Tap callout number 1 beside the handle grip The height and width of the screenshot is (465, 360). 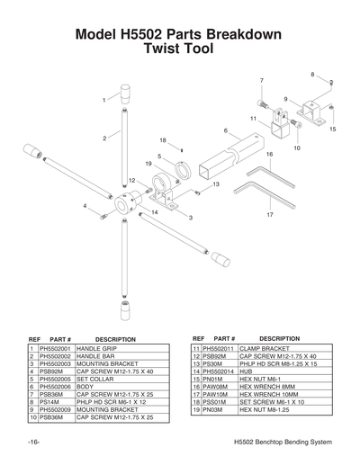(104, 100)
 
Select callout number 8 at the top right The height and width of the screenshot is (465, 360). (313, 74)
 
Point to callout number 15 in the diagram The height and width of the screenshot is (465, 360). (333, 130)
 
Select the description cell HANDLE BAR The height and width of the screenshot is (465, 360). (99, 356)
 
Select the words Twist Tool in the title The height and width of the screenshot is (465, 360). (180, 51)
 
